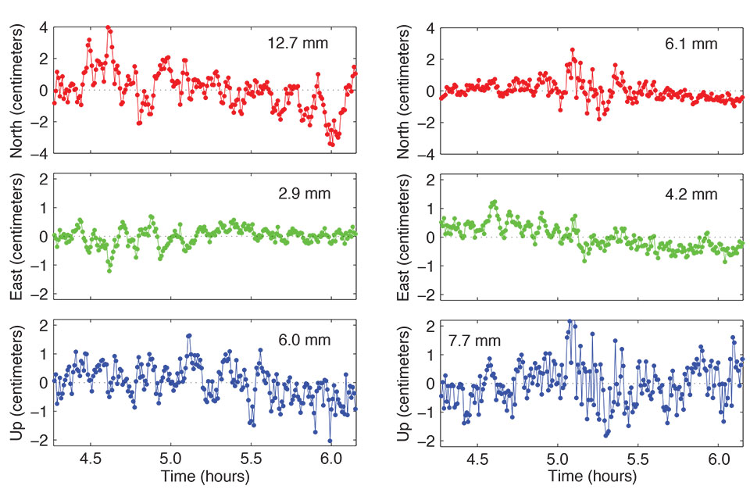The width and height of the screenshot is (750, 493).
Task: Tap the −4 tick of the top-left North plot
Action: [x=38, y=154]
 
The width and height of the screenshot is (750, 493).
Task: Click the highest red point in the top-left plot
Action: [x=108, y=27]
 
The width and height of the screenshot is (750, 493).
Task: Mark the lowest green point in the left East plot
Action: [x=109, y=270]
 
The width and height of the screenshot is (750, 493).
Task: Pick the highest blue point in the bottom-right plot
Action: [x=570, y=321]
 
